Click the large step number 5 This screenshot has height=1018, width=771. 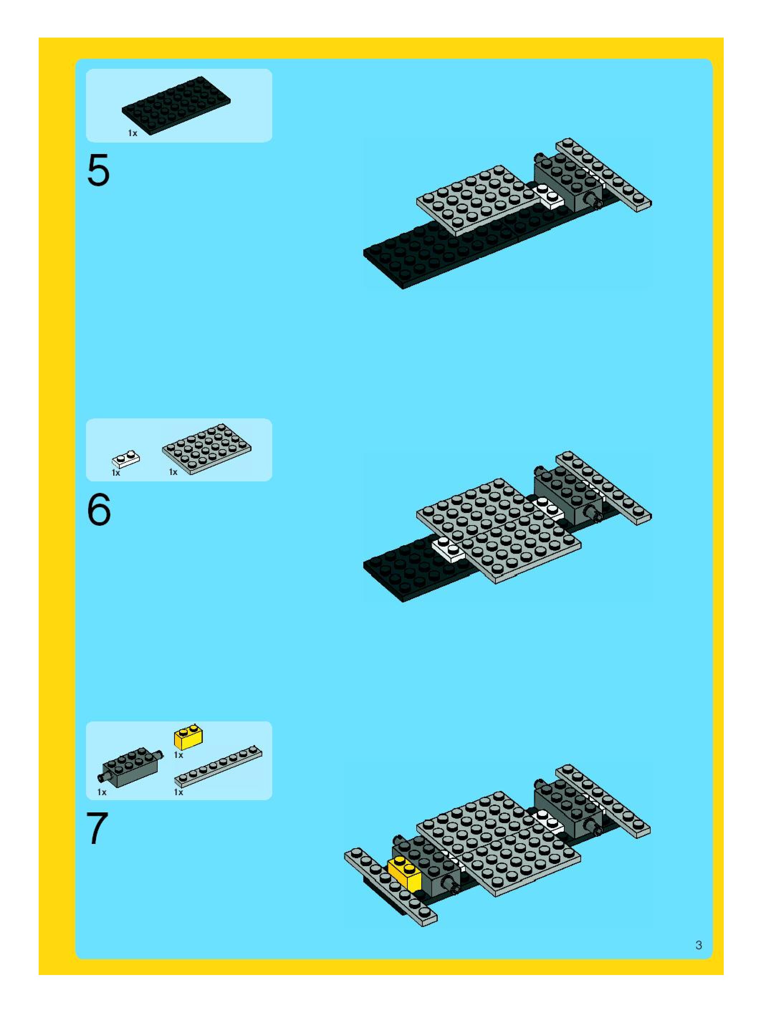(99, 170)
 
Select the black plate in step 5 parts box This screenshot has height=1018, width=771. (176, 105)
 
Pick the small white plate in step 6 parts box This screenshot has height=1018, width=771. (126, 459)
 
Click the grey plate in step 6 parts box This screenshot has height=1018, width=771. (207, 449)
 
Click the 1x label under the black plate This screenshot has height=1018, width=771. (133, 133)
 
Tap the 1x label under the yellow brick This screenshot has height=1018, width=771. (178, 755)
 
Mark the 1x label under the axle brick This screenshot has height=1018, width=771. (102, 792)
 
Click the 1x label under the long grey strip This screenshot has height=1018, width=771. (178, 792)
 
